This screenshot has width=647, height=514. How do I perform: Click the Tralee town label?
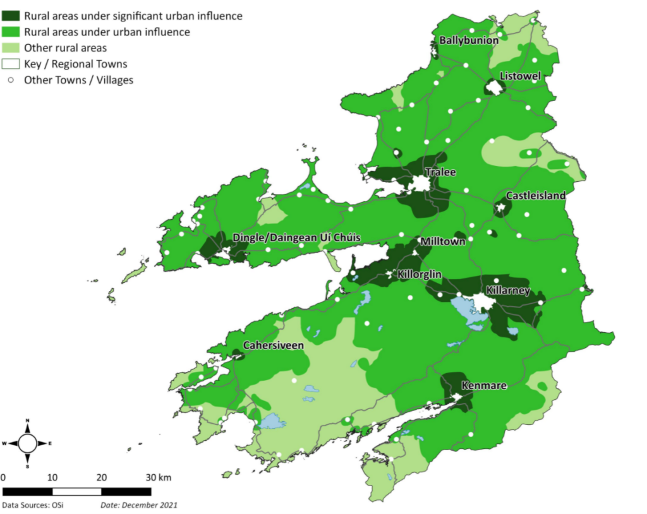point(440,172)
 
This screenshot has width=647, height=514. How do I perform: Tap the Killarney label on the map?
point(507,290)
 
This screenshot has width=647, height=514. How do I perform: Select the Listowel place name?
point(520,76)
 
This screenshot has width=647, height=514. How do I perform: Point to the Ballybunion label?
point(469,40)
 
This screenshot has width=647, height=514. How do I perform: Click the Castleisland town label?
point(536,196)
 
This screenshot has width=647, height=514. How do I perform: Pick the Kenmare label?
point(484,385)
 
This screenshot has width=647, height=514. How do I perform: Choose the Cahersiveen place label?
point(274,345)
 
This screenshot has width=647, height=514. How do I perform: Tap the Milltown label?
point(443,242)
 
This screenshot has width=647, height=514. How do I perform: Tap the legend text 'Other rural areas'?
point(65,48)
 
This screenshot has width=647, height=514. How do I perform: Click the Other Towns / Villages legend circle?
point(11,80)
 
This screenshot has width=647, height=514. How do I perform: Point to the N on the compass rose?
point(27,421)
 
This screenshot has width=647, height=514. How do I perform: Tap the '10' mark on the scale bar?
point(52,477)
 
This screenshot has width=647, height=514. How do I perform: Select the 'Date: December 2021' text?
point(139,505)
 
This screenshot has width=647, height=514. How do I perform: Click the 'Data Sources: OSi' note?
point(32,505)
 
